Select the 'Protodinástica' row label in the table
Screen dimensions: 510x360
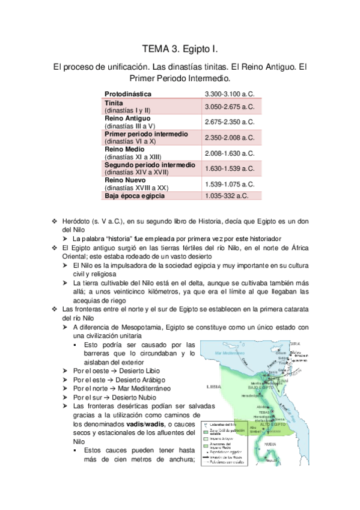(128, 94)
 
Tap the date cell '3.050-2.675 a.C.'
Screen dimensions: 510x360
(230, 107)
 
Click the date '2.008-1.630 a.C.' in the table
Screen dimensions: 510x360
(230, 153)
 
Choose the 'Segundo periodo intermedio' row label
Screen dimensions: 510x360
(150, 164)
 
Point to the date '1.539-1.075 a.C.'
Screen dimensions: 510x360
(230, 183)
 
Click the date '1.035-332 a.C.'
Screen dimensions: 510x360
(227, 195)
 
